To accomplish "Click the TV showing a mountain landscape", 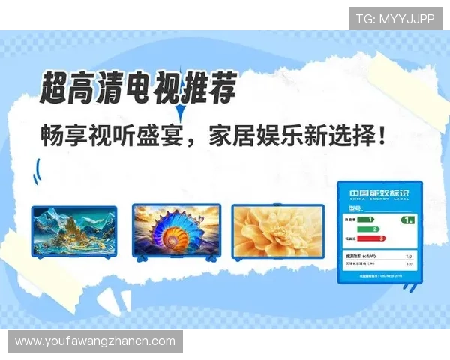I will (73, 232).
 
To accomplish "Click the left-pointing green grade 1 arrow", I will (406, 220).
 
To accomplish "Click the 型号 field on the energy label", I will (353, 208).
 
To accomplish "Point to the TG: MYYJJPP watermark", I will (394, 18).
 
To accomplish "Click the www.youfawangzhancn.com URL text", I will (95, 341).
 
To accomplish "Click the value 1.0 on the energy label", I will (409, 256).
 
